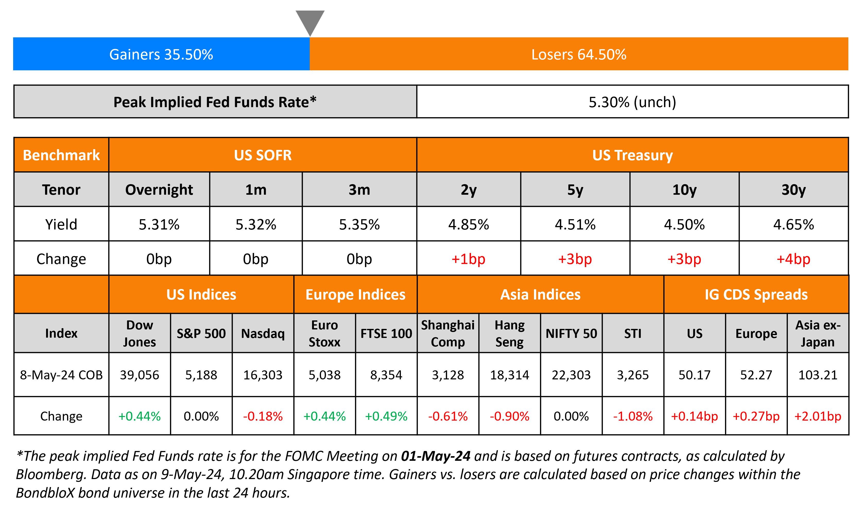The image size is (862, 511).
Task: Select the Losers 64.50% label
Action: click(579, 54)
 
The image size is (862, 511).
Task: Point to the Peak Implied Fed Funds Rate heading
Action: click(215, 102)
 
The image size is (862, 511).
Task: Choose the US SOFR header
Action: click(263, 155)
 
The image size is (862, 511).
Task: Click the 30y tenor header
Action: click(793, 190)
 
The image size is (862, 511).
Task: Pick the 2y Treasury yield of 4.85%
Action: click(468, 225)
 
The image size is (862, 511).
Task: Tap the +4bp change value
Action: click(793, 259)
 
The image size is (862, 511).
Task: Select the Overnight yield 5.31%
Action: click(159, 225)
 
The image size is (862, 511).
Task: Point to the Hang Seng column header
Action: click(509, 333)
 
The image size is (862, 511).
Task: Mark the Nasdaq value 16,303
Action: click(263, 375)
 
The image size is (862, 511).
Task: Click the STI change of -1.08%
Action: click(633, 416)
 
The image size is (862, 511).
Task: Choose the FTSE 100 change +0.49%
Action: click(386, 416)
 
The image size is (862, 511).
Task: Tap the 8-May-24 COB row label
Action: click(61, 375)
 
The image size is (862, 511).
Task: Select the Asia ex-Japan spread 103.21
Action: click(818, 375)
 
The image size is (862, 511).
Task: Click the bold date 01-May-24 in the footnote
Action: click(435, 456)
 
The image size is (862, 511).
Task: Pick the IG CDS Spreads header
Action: click(756, 295)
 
